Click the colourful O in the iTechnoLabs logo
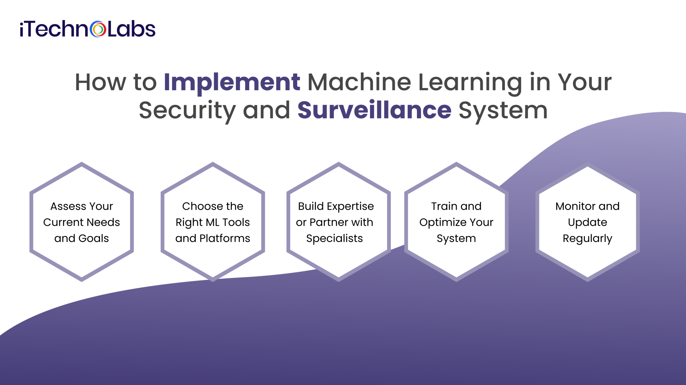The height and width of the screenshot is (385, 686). [98, 29]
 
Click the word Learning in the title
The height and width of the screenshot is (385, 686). [470, 83]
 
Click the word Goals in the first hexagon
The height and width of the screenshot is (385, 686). [94, 238]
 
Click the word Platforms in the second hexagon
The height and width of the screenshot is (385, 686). [225, 238]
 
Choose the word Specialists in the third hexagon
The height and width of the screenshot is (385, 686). [334, 238]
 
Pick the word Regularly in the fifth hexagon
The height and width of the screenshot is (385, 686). [587, 239]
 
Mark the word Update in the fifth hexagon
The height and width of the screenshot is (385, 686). [587, 223]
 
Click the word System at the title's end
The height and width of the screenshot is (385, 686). [503, 110]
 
